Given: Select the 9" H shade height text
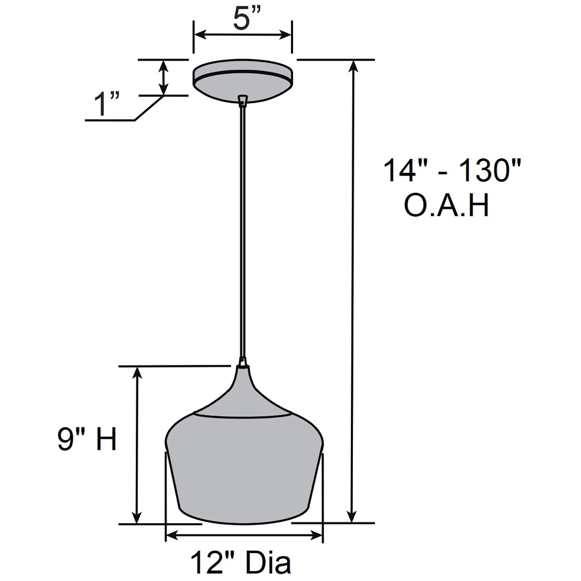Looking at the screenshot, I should [x=87, y=440].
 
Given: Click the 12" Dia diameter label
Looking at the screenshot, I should [x=241, y=562].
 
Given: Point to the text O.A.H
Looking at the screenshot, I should [x=446, y=205].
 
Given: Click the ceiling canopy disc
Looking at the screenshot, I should [x=243, y=86].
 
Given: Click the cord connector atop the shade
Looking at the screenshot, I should [x=242, y=362].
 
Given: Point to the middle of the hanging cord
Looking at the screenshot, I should [x=242, y=231].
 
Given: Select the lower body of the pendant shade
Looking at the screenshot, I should [x=244, y=478].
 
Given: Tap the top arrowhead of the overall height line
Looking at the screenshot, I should [x=352, y=66].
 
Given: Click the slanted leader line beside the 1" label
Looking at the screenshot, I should [x=149, y=108].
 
